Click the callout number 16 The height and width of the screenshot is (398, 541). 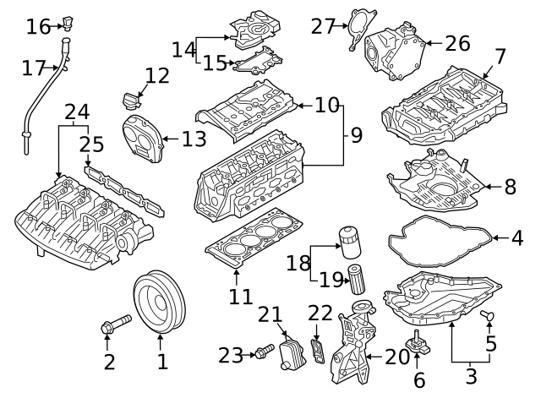pyautogui.click(x=38, y=26)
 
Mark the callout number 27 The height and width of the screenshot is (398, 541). pyautogui.click(x=323, y=26)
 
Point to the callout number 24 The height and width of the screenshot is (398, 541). pyautogui.click(x=76, y=112)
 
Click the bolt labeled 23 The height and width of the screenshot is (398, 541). pyautogui.click(x=263, y=349)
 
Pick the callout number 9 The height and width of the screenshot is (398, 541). pyautogui.click(x=355, y=133)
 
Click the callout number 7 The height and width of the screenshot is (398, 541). pyautogui.click(x=500, y=57)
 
